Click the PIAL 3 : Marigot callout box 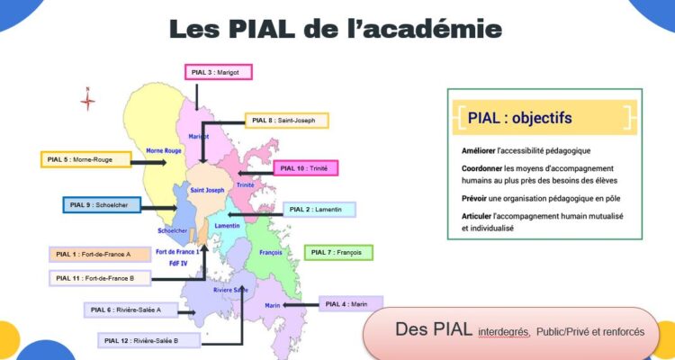[219, 72]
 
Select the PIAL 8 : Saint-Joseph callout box [287, 121]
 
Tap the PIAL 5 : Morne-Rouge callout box [86, 159]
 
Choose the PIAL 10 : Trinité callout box [306, 168]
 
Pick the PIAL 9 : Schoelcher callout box [102, 205]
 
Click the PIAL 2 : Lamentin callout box [319, 210]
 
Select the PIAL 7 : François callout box [338, 252]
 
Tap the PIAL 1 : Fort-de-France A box [100, 254]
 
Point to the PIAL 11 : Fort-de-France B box [100, 278]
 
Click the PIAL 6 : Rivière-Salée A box [130, 310]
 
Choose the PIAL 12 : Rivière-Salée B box [148, 340]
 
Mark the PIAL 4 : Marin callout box [351, 304]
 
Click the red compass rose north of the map [87, 100]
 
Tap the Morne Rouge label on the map [164, 150]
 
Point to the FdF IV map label [178, 263]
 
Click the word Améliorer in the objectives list [477, 150]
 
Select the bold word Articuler [476, 216]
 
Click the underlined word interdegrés [503, 332]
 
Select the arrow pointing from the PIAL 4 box [301, 305]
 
